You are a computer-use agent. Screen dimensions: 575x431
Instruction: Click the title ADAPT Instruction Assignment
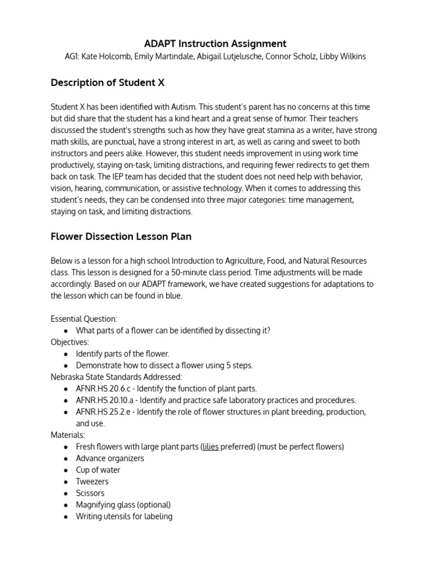[x=215, y=43]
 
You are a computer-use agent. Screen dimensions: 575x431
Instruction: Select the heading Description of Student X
[x=108, y=83]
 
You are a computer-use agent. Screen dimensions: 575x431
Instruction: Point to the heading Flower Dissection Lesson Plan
[x=121, y=236]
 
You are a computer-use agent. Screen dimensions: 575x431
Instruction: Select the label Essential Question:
[x=84, y=319]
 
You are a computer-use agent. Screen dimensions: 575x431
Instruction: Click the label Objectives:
[x=70, y=342]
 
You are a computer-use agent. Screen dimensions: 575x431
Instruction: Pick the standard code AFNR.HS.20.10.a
[x=106, y=400]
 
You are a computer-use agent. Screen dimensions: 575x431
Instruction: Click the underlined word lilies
[x=210, y=447]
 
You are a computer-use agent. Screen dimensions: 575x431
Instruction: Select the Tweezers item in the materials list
[x=93, y=482]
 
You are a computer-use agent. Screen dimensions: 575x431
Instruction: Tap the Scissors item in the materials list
[x=90, y=493]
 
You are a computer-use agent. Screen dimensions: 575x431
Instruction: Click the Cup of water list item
[x=98, y=470]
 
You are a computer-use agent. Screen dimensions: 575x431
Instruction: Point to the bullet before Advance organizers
[x=66, y=459]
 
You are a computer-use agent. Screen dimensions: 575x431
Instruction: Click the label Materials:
[x=68, y=435]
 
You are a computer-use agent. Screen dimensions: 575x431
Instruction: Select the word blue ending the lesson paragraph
[x=173, y=296]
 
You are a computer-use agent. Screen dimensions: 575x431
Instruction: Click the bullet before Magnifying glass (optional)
[x=66, y=505]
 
